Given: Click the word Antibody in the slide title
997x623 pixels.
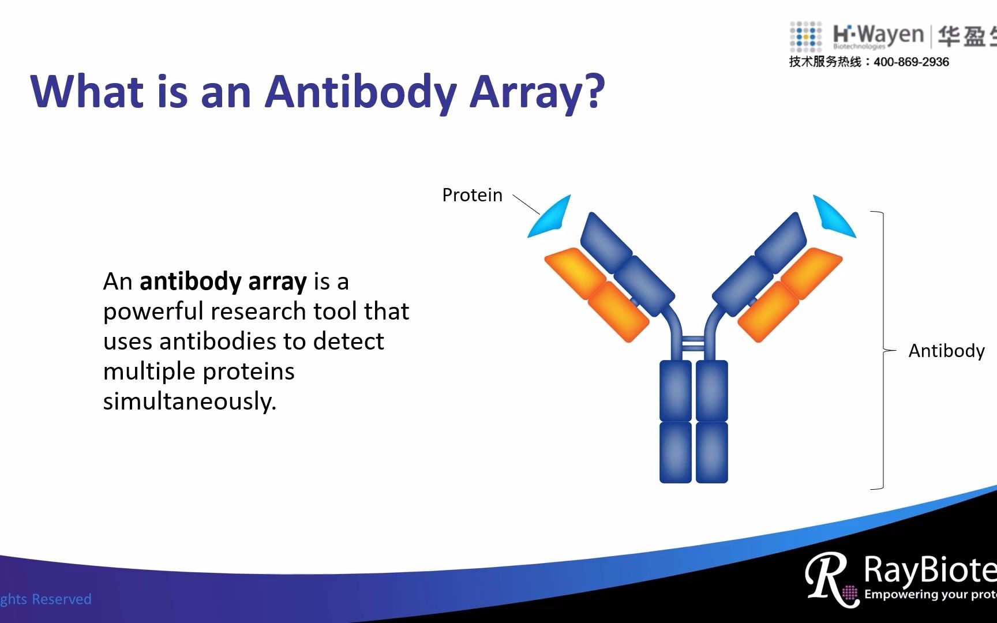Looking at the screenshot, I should [361, 92].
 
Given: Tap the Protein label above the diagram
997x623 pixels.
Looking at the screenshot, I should [472, 195].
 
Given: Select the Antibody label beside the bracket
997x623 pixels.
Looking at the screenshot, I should [946, 351].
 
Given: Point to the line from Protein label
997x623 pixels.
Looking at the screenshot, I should [526, 204].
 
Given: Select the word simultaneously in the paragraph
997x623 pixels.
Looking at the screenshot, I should [189, 401].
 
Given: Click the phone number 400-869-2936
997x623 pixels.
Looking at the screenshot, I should [911, 62].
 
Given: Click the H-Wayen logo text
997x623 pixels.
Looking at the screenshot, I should [878, 35].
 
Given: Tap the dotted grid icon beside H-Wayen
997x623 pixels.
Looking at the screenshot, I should [805, 36].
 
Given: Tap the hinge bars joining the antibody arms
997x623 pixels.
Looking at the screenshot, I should [693, 344].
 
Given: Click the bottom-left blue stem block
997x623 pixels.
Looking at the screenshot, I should [675, 452].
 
